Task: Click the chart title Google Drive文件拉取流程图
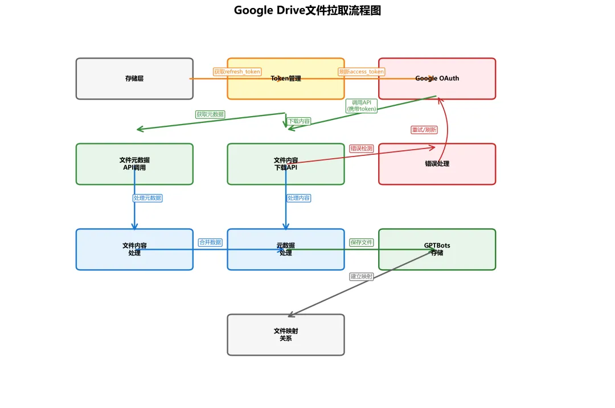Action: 307,10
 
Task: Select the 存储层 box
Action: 134,79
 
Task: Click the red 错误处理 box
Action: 437,164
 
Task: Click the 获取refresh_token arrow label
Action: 237,72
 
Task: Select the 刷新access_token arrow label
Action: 362,72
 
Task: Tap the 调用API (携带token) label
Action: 362,106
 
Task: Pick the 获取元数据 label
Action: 210,114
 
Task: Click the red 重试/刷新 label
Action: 424,130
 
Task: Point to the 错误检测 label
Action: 362,149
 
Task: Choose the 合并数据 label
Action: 210,242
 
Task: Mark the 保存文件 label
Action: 362,242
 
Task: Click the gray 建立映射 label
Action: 362,277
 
